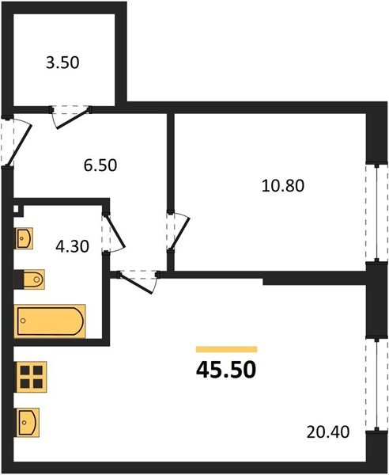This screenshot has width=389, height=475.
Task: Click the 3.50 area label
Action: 62,63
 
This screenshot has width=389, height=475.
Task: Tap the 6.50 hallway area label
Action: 100,165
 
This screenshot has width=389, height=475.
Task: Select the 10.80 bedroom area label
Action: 283,186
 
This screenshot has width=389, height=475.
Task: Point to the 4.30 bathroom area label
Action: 72,246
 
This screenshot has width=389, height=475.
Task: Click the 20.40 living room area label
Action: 328,432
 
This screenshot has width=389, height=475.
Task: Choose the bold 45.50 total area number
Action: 226,370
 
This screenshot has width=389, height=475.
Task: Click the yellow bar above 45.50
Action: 227,349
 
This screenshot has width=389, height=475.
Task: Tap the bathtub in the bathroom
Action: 50,321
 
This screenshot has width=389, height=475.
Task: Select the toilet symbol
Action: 29,279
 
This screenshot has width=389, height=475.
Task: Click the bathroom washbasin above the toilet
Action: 24,238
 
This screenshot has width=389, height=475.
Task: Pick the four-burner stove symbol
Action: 31,377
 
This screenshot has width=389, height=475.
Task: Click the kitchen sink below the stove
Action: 27,423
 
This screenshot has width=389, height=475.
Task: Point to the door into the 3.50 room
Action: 71,116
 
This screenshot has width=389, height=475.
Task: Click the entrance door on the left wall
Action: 15,142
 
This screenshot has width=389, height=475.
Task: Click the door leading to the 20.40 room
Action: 138,281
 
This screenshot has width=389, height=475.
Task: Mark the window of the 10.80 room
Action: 376,213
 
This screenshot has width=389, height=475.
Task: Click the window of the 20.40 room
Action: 376,384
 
